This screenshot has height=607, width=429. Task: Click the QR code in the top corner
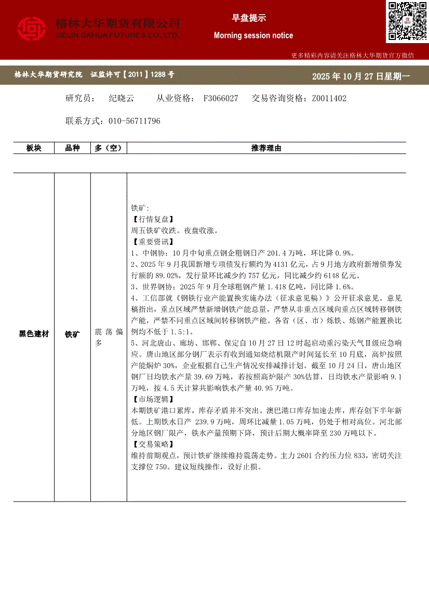click(407, 21)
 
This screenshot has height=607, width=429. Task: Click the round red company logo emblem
click(32, 29)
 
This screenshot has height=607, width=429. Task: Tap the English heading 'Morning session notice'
click(253, 35)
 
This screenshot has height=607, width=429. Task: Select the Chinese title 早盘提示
click(249, 18)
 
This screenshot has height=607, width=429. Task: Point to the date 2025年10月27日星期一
click(360, 76)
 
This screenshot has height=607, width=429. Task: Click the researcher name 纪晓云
click(122, 98)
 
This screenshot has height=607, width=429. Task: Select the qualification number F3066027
click(221, 98)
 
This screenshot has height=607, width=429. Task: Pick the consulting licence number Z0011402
click(329, 98)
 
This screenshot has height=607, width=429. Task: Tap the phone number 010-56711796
click(135, 121)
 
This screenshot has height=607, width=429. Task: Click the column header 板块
click(34, 148)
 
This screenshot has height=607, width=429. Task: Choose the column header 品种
click(72, 148)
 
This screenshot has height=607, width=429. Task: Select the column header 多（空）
click(109, 148)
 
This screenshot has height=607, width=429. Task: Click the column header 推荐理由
click(266, 148)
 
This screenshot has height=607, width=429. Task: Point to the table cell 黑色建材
click(34, 334)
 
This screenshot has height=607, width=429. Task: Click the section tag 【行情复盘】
click(153, 220)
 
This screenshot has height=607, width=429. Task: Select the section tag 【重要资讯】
click(153, 241)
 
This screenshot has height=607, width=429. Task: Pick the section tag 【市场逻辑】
click(153, 399)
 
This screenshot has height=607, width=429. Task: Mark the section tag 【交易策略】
click(153, 444)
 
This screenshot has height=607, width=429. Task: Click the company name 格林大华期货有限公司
click(117, 23)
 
